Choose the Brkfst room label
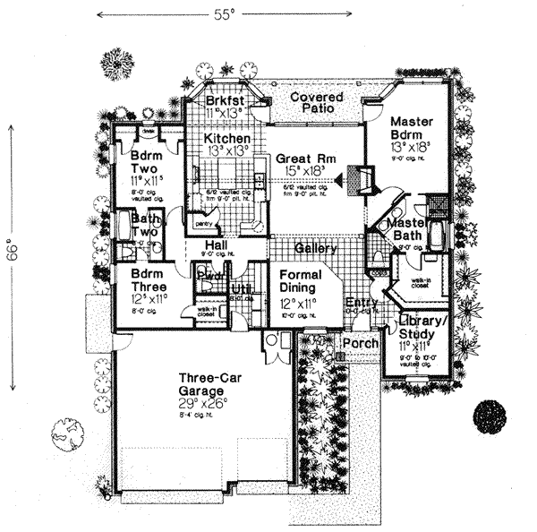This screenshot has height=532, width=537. [x=224, y=99]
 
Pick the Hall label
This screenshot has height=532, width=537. [x=216, y=245]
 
